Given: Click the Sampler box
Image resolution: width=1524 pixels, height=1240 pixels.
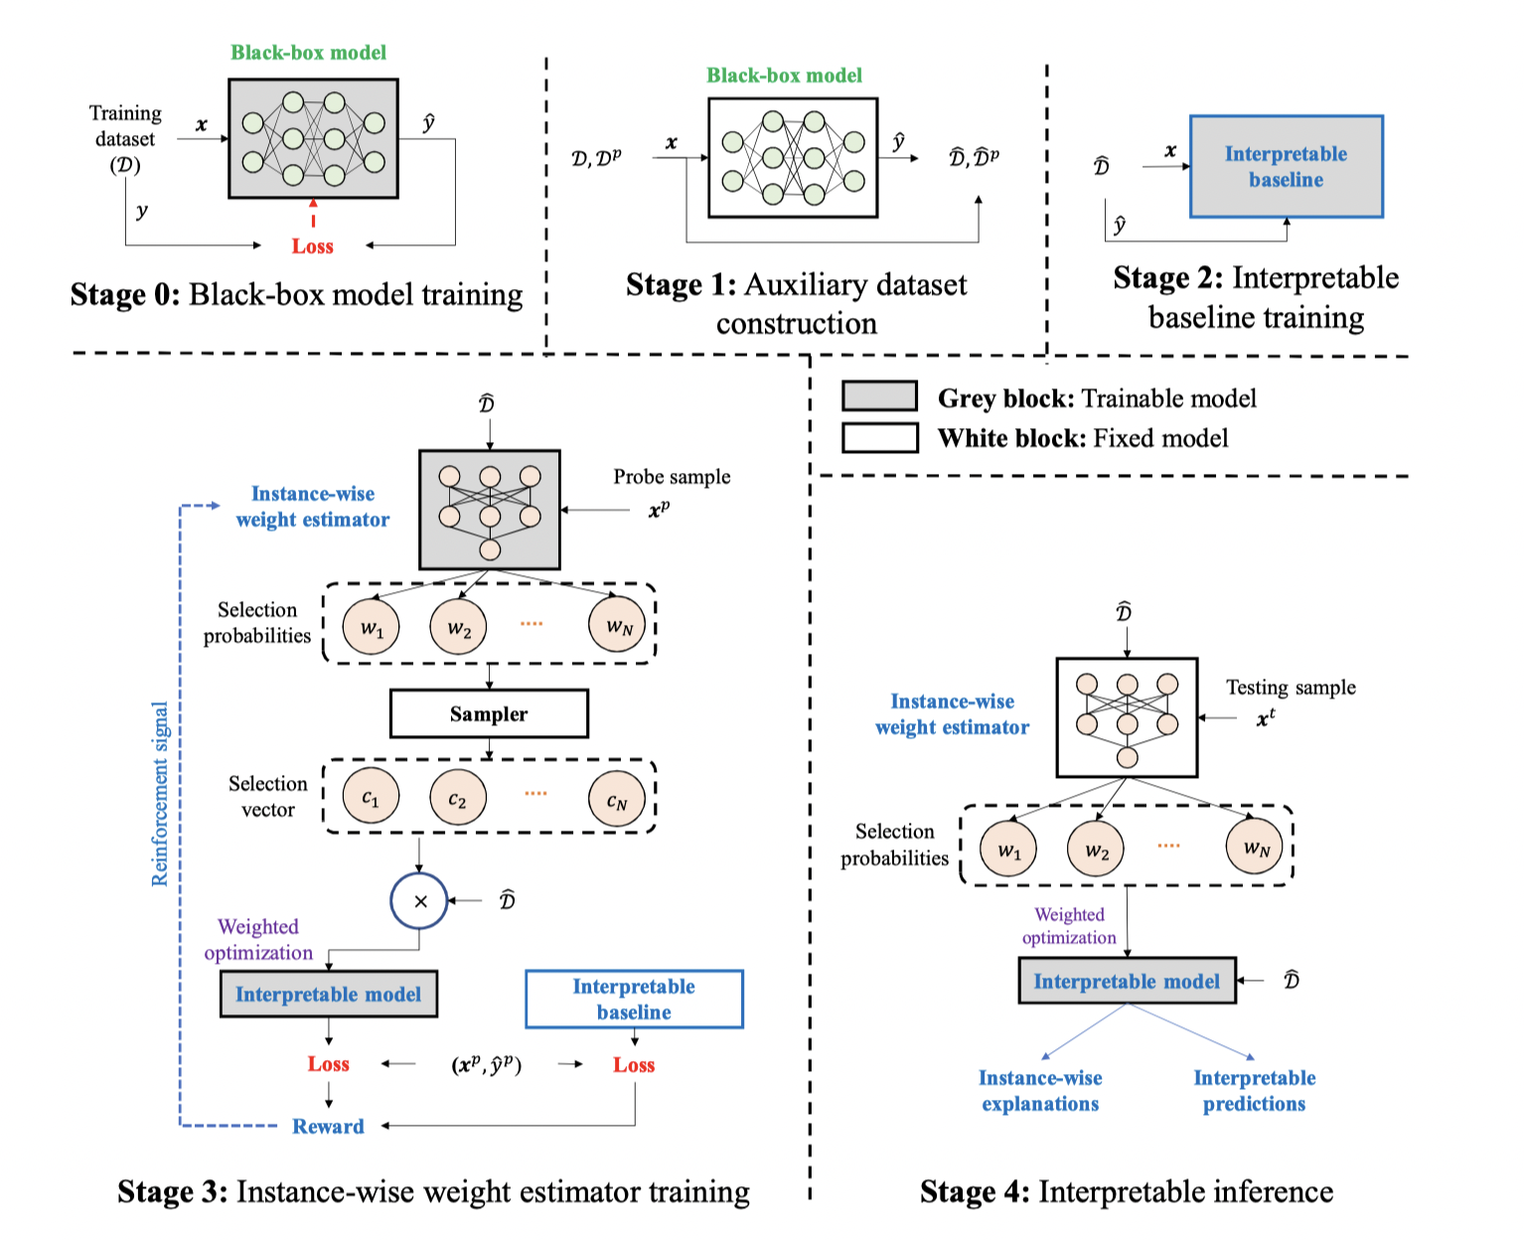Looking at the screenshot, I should click(489, 713).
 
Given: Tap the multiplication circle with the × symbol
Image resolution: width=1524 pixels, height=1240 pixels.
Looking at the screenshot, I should click(419, 901).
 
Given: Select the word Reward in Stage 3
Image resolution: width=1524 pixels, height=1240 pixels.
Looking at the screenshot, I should click(328, 1126).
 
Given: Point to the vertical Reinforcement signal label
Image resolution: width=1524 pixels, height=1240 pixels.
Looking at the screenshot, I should click(160, 794).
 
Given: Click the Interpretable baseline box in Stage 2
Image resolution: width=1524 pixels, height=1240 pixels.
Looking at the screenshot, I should click(1286, 167).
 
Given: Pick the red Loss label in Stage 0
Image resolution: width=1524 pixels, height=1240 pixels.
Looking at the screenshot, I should click(312, 246).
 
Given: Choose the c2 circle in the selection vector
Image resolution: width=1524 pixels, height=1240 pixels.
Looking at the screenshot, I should click(457, 798).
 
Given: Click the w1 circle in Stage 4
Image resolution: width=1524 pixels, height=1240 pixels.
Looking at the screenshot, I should click(1008, 851).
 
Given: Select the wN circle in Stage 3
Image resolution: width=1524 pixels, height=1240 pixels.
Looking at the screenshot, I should click(618, 626).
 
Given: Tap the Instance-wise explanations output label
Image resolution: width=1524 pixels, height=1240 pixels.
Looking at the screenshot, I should click(1039, 1090).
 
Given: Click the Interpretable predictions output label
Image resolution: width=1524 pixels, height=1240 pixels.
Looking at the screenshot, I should click(1254, 1090).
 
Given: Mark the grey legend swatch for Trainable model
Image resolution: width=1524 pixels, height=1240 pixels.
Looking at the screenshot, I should click(879, 396).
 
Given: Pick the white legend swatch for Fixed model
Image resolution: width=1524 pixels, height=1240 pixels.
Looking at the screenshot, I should click(879, 437).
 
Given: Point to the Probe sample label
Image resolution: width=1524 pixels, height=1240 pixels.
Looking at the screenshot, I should click(672, 477).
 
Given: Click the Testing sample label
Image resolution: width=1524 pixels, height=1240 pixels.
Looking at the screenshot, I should click(1290, 688).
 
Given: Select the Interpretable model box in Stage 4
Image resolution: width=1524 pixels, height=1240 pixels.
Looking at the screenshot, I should click(1127, 982).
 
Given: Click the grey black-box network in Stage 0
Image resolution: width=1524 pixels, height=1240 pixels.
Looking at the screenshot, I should click(313, 139).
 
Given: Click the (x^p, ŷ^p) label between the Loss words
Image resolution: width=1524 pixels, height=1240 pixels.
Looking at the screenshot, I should click(487, 1064).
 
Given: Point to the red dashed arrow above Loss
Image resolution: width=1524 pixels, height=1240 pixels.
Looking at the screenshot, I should click(313, 214).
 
